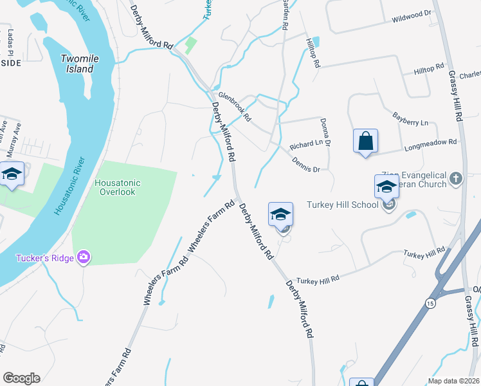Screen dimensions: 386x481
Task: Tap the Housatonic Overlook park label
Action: click(118, 187)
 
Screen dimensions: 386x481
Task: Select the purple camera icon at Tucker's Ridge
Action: click(83, 258)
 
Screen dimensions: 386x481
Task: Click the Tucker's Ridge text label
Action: click(42, 259)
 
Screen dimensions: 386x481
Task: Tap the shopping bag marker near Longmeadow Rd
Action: click(365, 141)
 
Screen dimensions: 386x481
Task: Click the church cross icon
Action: click(456, 179)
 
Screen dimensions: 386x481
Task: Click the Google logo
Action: click(21, 378)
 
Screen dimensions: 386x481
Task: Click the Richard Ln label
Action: click(305, 145)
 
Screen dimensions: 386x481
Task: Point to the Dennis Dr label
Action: click(305, 165)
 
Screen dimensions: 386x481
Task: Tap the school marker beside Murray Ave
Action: click(12, 176)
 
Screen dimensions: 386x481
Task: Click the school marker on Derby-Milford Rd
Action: click(281, 214)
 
